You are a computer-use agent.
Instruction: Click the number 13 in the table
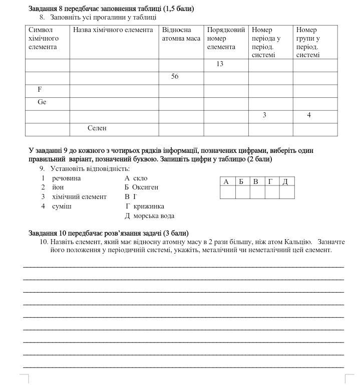220,64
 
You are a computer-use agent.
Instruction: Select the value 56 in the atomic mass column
175,77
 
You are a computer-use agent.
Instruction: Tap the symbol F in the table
40,89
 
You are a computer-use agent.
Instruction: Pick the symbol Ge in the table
42,102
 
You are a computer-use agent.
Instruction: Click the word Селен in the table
97,128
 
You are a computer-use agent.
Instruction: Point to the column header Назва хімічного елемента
113,30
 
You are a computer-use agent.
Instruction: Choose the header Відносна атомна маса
181,34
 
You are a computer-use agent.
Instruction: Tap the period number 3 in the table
264,115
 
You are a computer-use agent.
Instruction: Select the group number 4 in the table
309,115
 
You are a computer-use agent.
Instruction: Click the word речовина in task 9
66,178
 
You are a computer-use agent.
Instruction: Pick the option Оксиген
145,187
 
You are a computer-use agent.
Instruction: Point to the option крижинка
149,206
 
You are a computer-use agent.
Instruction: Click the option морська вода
154,216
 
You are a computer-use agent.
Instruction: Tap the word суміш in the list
62,206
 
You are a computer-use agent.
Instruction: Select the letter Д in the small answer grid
285,181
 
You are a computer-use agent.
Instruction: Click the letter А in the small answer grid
226,181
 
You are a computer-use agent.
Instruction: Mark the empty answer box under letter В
256,192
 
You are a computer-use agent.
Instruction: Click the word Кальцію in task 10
299,242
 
